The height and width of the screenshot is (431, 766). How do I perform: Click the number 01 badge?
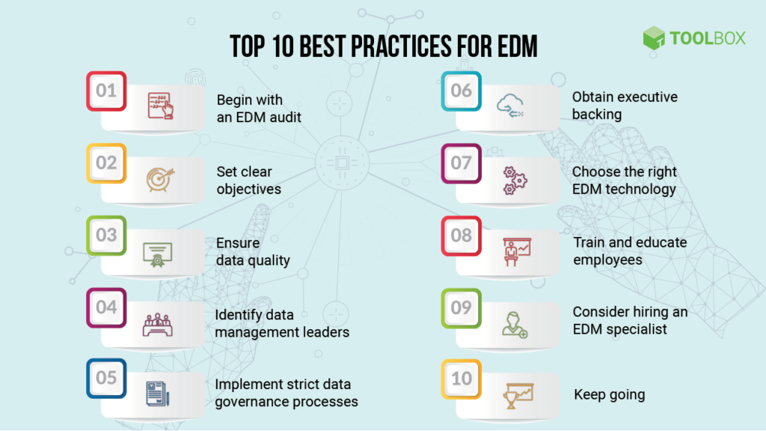tap(106, 91)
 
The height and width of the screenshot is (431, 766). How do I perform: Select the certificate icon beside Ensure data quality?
tap(158, 252)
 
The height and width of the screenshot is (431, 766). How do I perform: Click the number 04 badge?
tap(106, 308)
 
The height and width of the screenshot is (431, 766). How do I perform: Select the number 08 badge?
tap(462, 235)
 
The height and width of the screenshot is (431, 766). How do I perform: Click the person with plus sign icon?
tap(514, 323)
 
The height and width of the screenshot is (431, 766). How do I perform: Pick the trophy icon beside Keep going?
tap(515, 394)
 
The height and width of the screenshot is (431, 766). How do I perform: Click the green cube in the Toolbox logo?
tap(654, 38)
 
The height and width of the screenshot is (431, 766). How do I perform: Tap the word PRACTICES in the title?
tap(387, 46)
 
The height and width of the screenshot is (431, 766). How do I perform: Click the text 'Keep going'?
tap(609, 394)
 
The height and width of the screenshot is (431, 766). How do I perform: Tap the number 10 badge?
tap(462, 378)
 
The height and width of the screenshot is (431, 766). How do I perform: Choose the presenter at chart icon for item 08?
tap(514, 252)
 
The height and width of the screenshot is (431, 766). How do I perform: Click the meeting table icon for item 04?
tap(158, 324)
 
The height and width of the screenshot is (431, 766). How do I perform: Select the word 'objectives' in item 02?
tap(249, 189)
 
